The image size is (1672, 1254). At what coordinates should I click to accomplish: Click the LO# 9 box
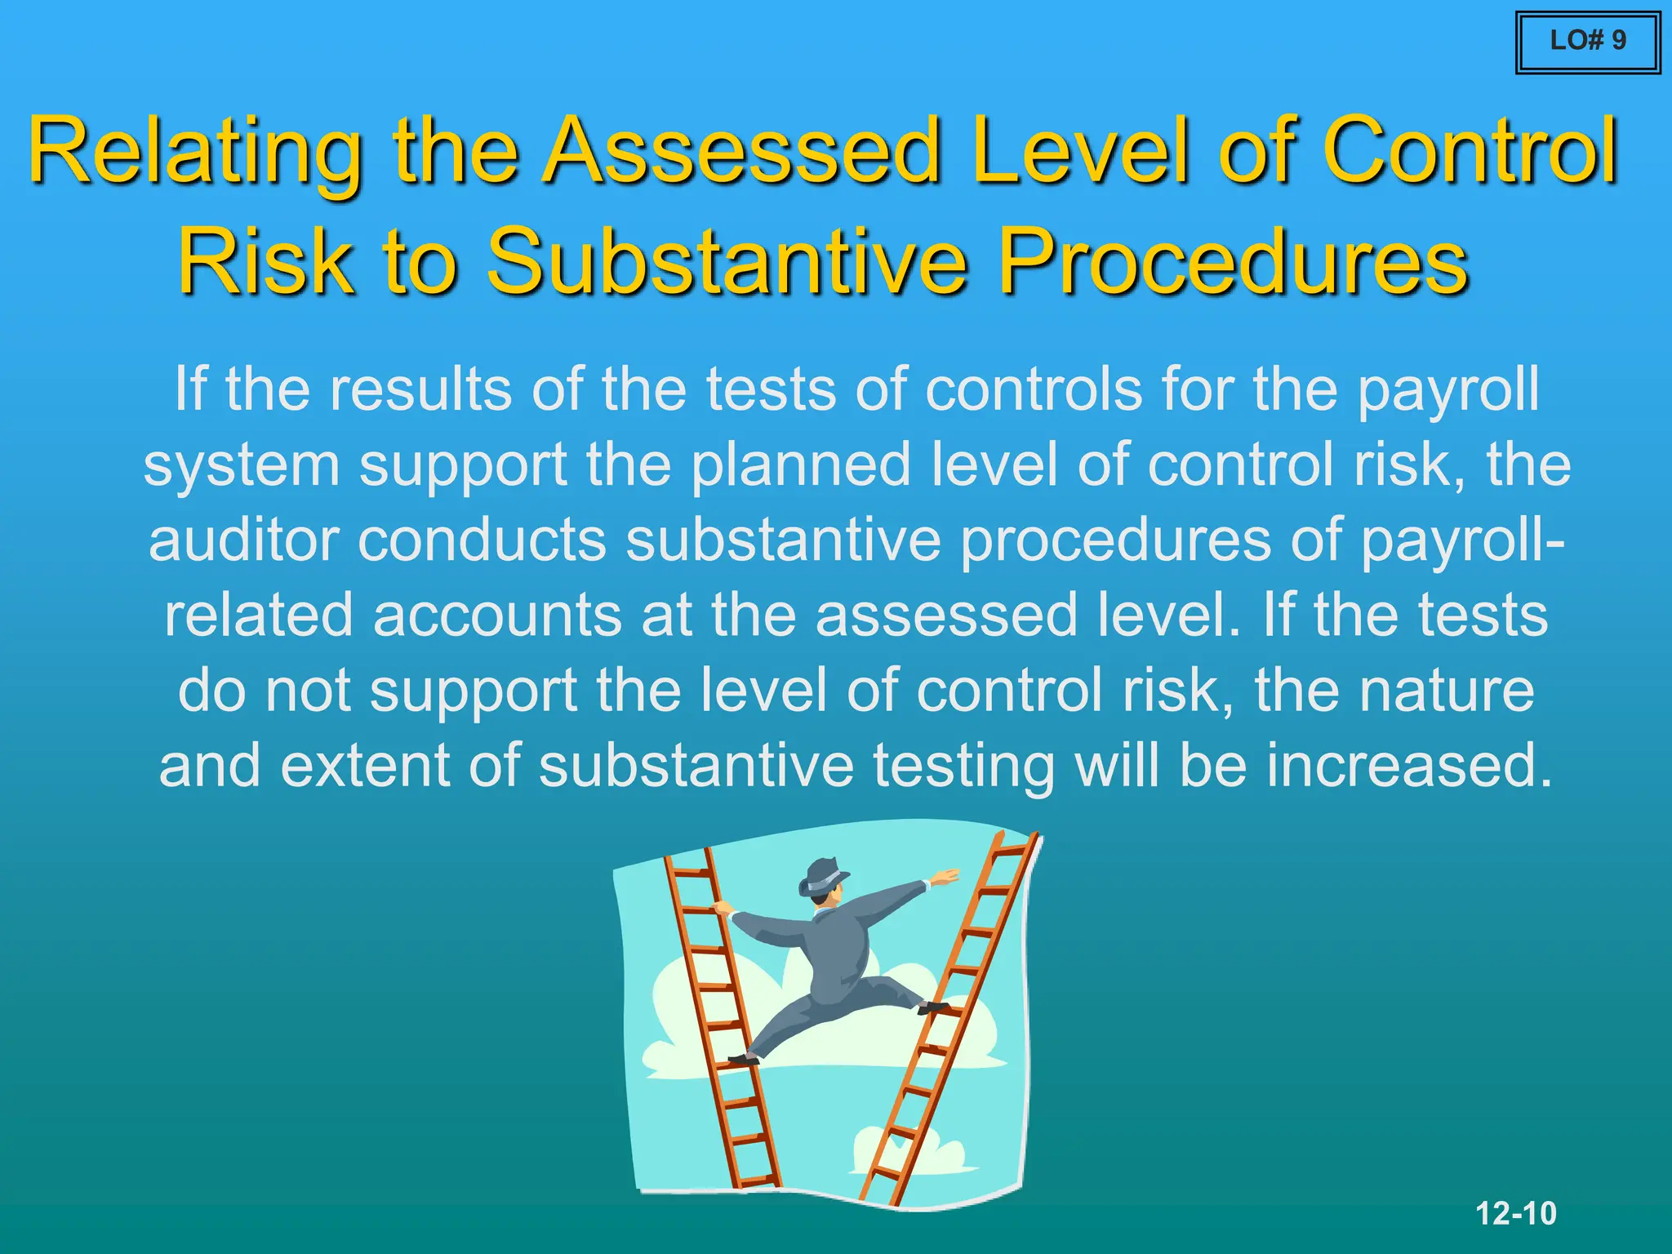tap(1587, 42)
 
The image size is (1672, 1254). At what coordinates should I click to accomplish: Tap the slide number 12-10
tap(1516, 1213)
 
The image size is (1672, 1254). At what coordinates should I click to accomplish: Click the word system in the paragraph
tap(241, 465)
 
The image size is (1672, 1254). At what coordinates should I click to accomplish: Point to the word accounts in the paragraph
tap(497, 616)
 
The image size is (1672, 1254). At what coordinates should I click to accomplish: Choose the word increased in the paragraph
tap(1409, 766)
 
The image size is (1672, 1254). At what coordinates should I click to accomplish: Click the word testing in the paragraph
tap(963, 766)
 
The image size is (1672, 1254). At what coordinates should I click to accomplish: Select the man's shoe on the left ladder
tap(743, 1059)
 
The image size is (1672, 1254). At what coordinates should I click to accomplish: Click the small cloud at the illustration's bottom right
tap(906, 1151)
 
